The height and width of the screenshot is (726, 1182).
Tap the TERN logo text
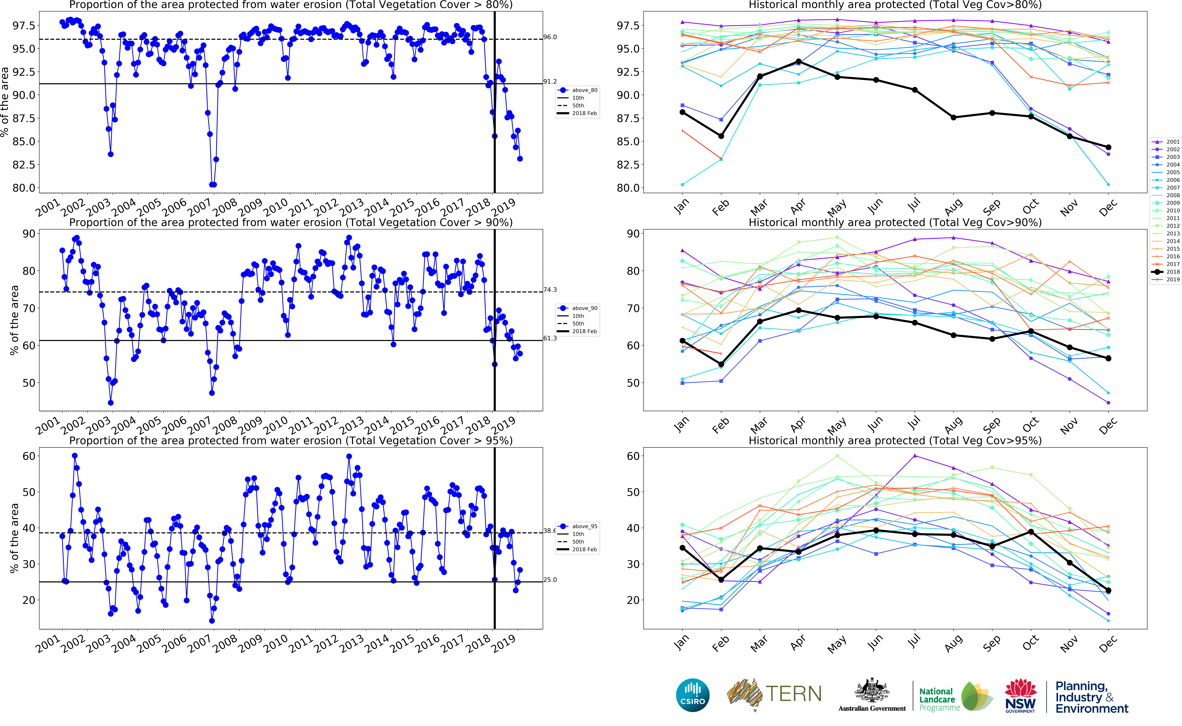(793, 694)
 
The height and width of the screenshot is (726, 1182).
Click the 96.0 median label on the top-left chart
(550, 37)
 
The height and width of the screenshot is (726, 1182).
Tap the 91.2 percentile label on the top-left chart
(550, 82)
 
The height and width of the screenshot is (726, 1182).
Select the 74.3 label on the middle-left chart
(550, 290)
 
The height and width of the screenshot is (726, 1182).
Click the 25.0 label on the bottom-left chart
(550, 580)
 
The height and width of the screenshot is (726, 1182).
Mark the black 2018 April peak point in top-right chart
(798, 61)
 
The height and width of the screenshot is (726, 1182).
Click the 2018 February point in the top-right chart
(721, 136)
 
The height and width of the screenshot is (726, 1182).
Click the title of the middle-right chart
(895, 222)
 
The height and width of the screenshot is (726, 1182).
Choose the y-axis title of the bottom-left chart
(14, 538)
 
